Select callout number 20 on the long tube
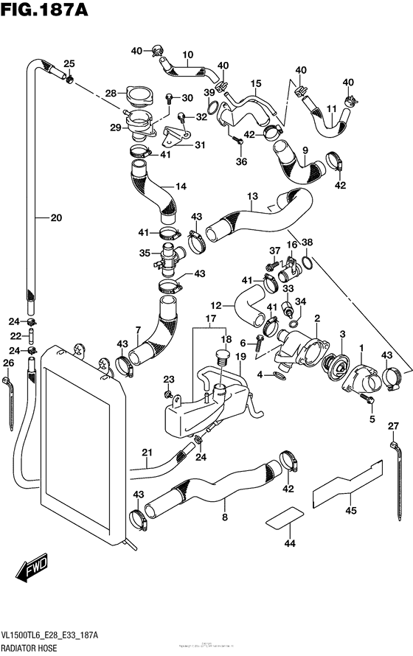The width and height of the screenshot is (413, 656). (56, 217)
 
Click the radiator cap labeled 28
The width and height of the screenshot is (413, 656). (136, 96)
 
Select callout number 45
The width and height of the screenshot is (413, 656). (351, 509)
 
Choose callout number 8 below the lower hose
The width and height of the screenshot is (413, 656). (224, 518)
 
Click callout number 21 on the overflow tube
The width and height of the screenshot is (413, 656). (147, 452)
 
